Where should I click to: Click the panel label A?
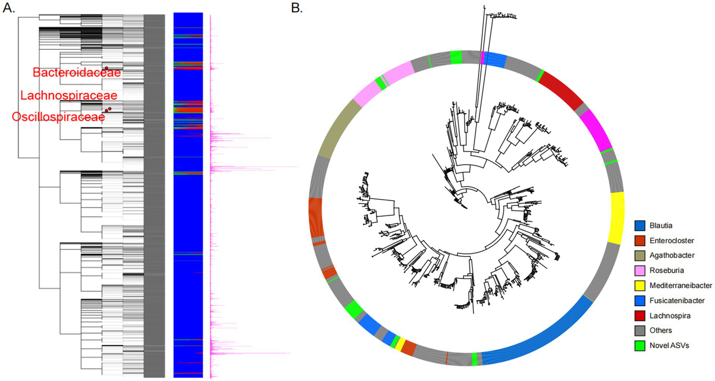[8, 8]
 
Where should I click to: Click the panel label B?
[297, 8]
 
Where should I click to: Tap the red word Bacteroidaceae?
[76, 73]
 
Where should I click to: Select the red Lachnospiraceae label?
[68, 95]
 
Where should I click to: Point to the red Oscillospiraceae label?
[58, 117]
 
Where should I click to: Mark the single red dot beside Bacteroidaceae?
[107, 68]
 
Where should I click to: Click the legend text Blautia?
[661, 226]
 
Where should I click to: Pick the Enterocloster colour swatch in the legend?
[640, 241]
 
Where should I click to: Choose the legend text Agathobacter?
[672, 255]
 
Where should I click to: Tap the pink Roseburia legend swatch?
[640, 270]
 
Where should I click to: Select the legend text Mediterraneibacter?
[681, 286]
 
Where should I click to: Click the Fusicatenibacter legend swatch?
[640, 301]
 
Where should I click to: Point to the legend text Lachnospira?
[669, 315]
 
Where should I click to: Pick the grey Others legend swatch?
[640, 330]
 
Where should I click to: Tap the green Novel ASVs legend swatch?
[640, 345]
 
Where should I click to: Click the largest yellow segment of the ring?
[617, 218]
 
